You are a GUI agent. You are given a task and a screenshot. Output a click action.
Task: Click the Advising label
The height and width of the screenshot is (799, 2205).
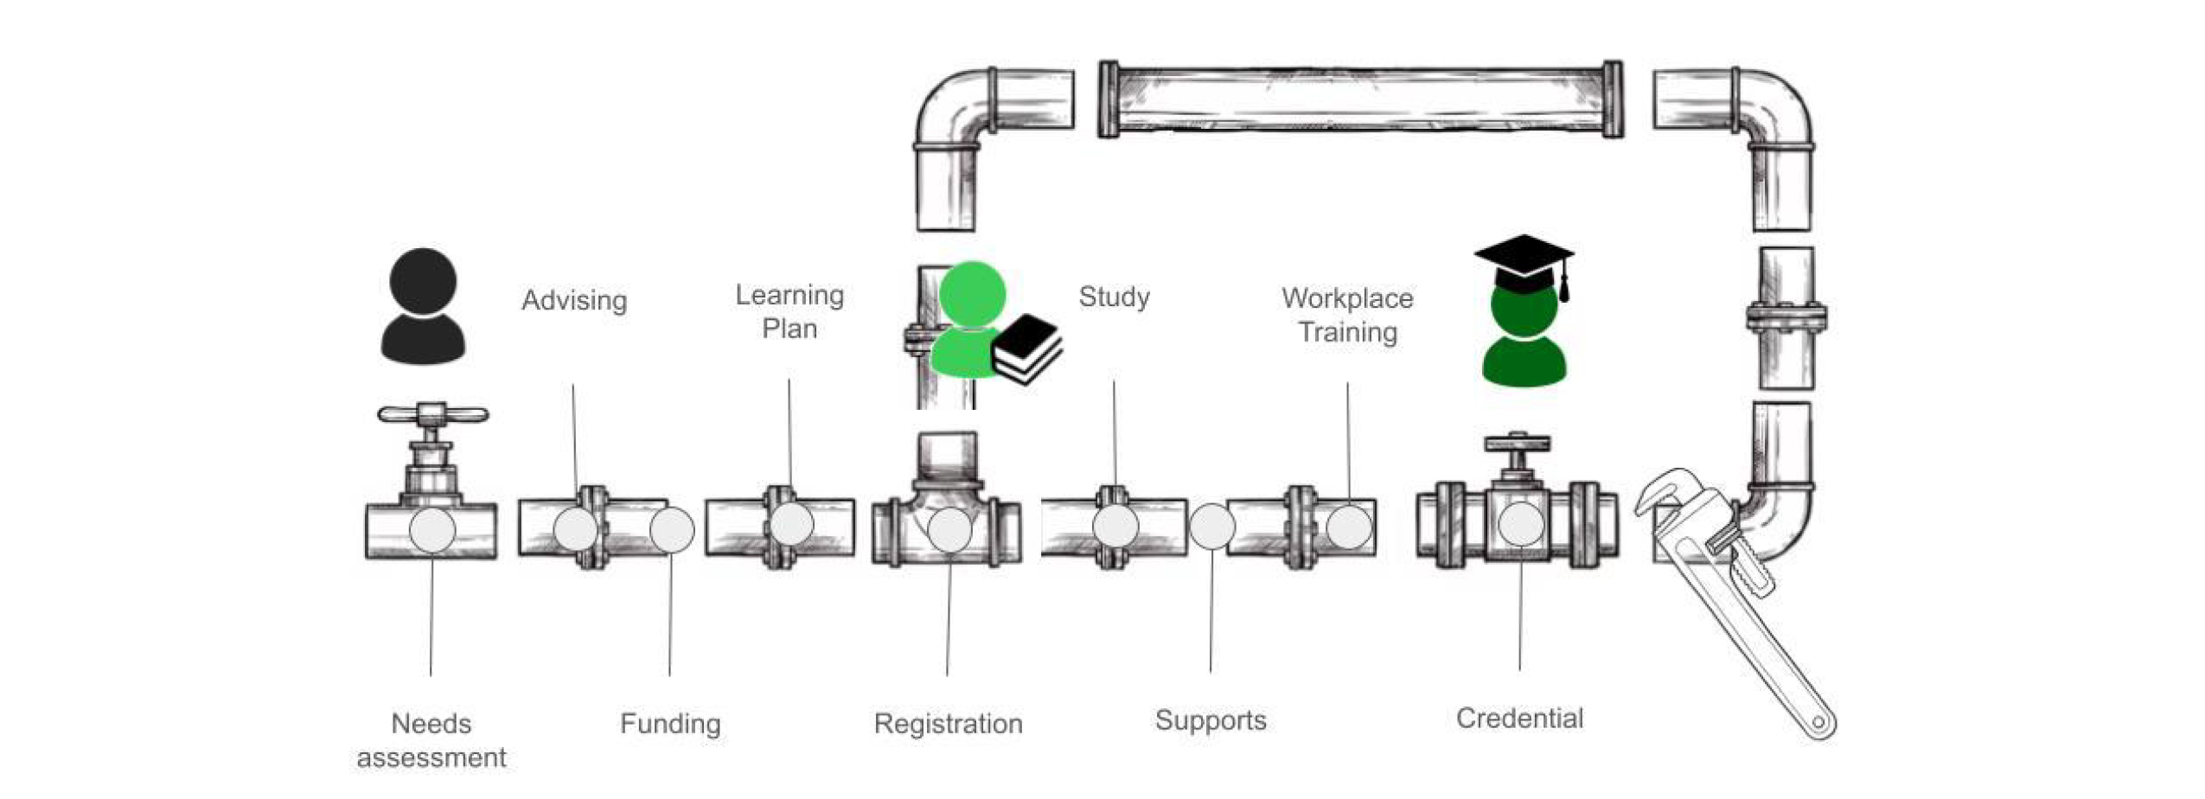[x=573, y=301]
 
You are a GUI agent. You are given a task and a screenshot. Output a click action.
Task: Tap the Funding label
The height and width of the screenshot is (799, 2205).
[x=670, y=724]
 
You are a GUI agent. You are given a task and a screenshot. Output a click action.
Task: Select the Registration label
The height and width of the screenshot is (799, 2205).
[x=948, y=724]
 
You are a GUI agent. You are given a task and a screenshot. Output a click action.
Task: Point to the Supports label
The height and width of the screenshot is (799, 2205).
[x=1211, y=720]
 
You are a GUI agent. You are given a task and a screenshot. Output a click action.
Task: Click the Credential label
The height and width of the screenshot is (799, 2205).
[x=1519, y=719]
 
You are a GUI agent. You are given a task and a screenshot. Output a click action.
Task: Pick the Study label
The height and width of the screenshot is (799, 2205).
[x=1114, y=297]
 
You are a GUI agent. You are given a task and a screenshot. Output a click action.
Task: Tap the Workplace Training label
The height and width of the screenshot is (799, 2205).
[x=1347, y=315]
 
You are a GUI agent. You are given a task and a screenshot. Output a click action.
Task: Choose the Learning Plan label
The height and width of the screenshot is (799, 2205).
[x=789, y=311]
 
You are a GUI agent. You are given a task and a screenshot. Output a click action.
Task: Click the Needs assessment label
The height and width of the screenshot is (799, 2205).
[x=431, y=740]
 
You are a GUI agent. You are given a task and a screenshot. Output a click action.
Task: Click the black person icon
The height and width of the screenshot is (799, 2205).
[x=424, y=307]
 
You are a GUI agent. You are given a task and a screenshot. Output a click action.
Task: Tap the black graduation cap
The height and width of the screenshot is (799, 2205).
[x=1524, y=259]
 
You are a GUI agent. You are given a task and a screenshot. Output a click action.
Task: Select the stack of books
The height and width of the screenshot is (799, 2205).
[x=1026, y=348]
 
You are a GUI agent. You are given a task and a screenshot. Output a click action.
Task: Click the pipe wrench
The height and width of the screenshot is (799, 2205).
[x=1738, y=605]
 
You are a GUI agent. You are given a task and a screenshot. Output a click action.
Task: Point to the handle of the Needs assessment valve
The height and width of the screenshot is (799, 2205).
[x=432, y=414]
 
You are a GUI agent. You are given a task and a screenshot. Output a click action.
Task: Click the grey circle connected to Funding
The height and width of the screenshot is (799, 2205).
[x=672, y=530]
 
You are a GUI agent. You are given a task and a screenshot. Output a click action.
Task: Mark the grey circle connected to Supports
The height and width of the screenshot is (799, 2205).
[x=1211, y=527]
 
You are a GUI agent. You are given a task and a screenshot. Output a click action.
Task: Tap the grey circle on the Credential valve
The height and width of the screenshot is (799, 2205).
[x=1521, y=524]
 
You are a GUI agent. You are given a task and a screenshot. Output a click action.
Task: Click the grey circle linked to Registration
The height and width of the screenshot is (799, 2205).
[x=949, y=530]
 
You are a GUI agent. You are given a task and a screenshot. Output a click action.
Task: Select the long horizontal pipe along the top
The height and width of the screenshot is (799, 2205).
[x=1360, y=99]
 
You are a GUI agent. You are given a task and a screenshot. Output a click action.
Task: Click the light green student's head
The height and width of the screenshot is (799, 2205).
[x=972, y=294]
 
